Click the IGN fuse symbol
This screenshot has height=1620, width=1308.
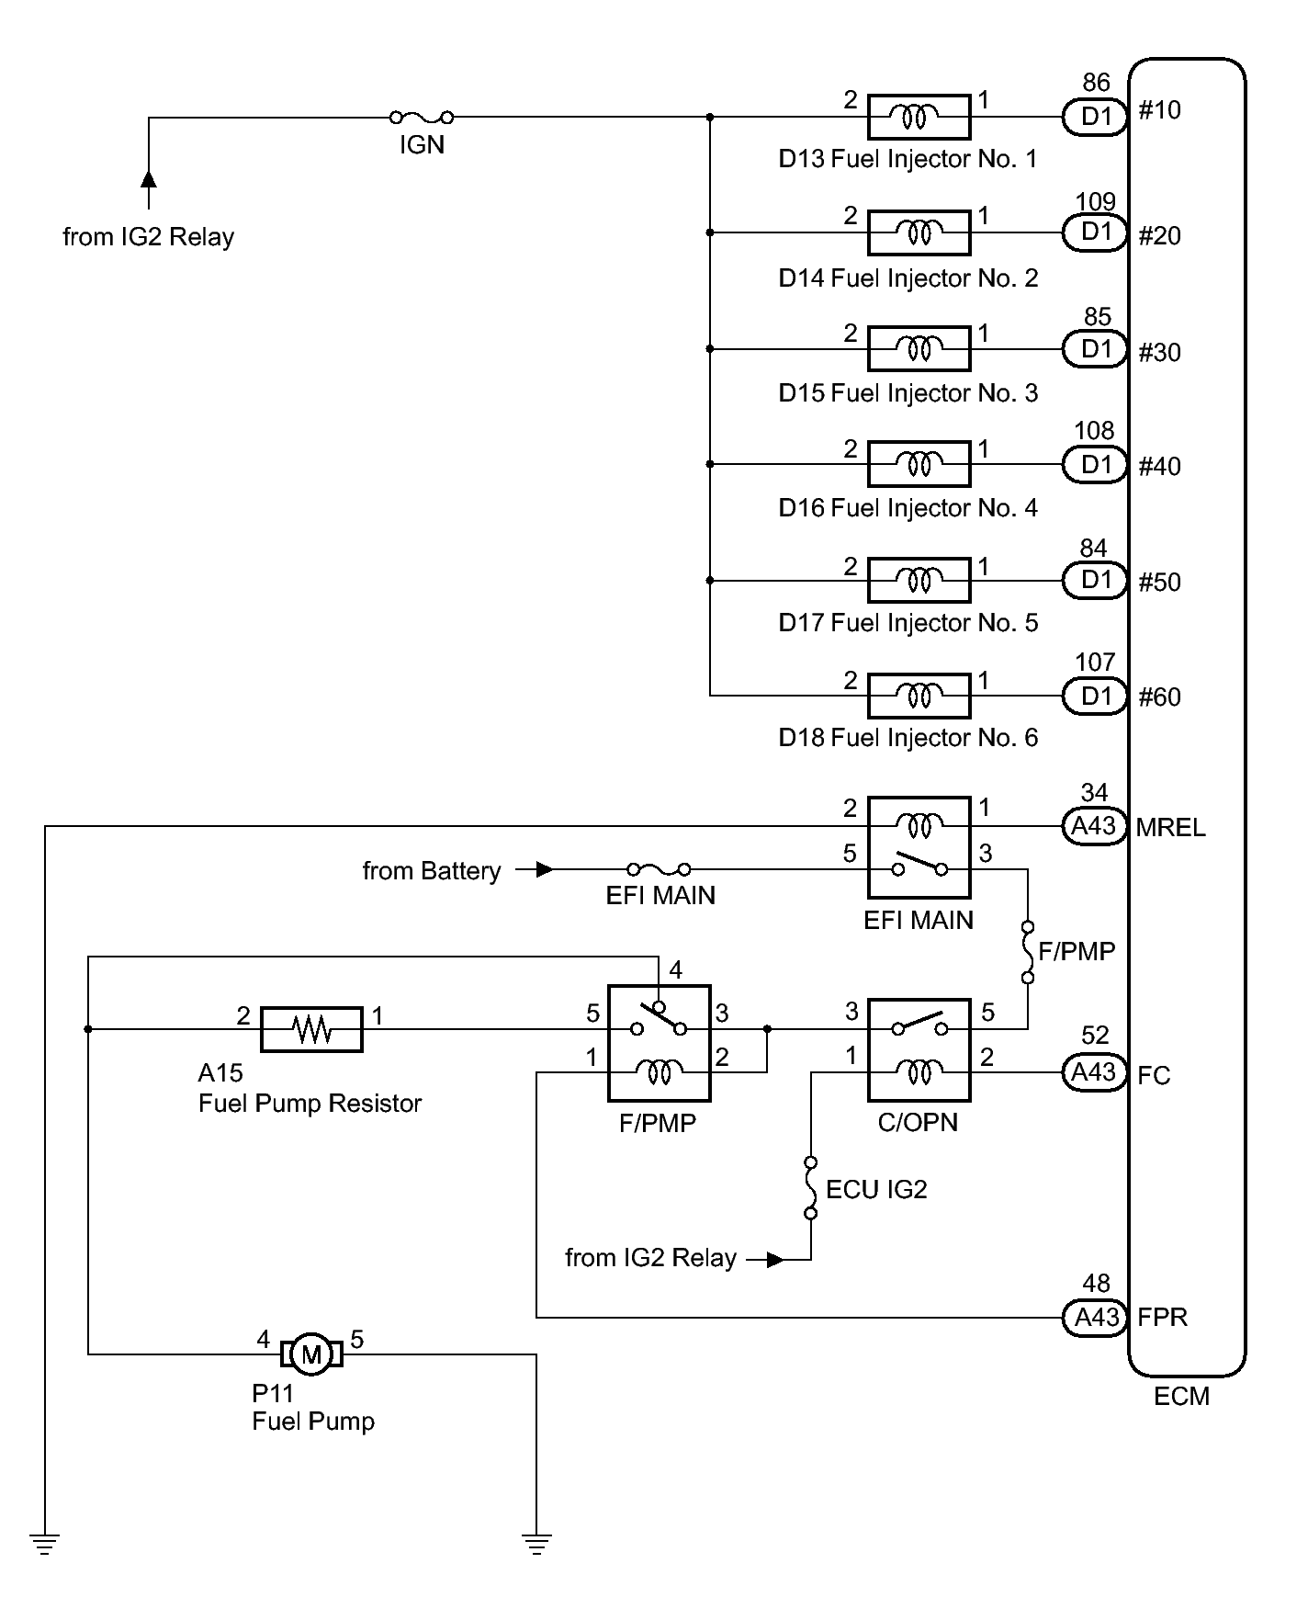coord(422,117)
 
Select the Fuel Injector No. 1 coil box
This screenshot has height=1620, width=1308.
coord(919,117)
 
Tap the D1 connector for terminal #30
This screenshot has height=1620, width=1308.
coord(1096,349)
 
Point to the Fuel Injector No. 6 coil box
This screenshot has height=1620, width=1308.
coord(919,696)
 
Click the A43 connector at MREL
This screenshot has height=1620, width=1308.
coord(1094,826)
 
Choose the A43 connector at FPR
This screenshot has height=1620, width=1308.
coord(1094,1318)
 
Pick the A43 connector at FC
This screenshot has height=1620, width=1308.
coord(1094,1072)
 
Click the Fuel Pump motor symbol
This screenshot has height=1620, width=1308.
coord(311,1354)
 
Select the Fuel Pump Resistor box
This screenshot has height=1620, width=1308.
coord(311,1029)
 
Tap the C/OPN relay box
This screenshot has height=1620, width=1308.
coord(919,1049)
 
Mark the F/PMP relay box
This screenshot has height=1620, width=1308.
coord(659,1043)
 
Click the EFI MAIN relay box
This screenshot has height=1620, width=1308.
coord(919,847)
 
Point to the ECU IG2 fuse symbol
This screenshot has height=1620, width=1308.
coord(810,1188)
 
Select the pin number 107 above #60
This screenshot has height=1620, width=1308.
coord(1095,662)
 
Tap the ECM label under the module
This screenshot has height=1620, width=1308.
coord(1181,1397)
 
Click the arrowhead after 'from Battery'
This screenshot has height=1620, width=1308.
coord(544,869)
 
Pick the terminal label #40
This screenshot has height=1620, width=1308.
coord(1159,467)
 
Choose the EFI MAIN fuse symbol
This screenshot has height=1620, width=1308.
coord(659,868)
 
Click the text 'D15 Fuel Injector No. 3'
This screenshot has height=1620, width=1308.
coord(908,393)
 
